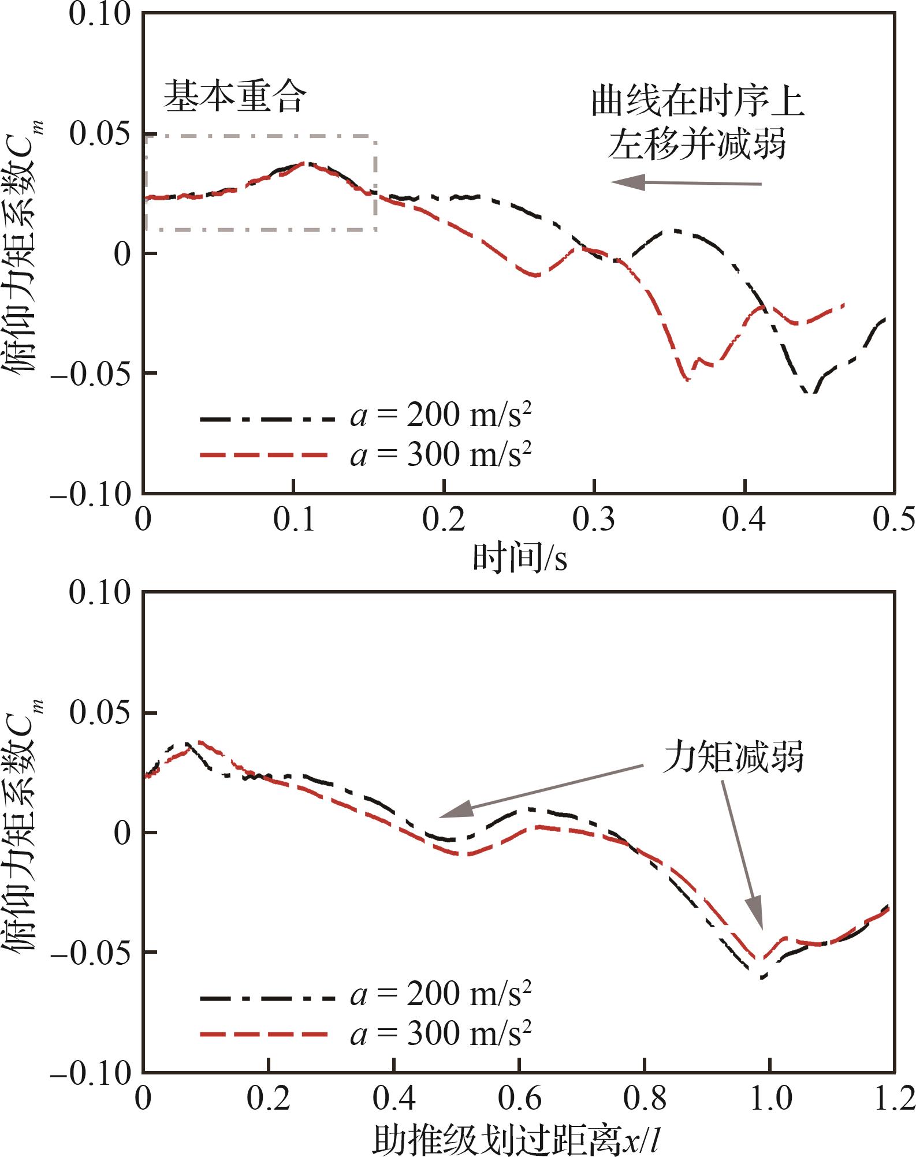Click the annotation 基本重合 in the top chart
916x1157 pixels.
click(x=234, y=97)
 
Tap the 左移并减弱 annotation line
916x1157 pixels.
click(x=697, y=143)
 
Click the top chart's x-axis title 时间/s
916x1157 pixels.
click(x=520, y=558)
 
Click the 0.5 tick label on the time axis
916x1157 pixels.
click(x=893, y=520)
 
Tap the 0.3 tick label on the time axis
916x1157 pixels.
click(x=594, y=520)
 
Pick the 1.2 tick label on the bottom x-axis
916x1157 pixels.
click(x=893, y=1099)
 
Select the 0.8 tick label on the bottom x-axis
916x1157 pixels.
click(x=645, y=1099)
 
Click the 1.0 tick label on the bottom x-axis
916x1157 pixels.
click(x=770, y=1099)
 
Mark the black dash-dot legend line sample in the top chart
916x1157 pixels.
click(x=267, y=417)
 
